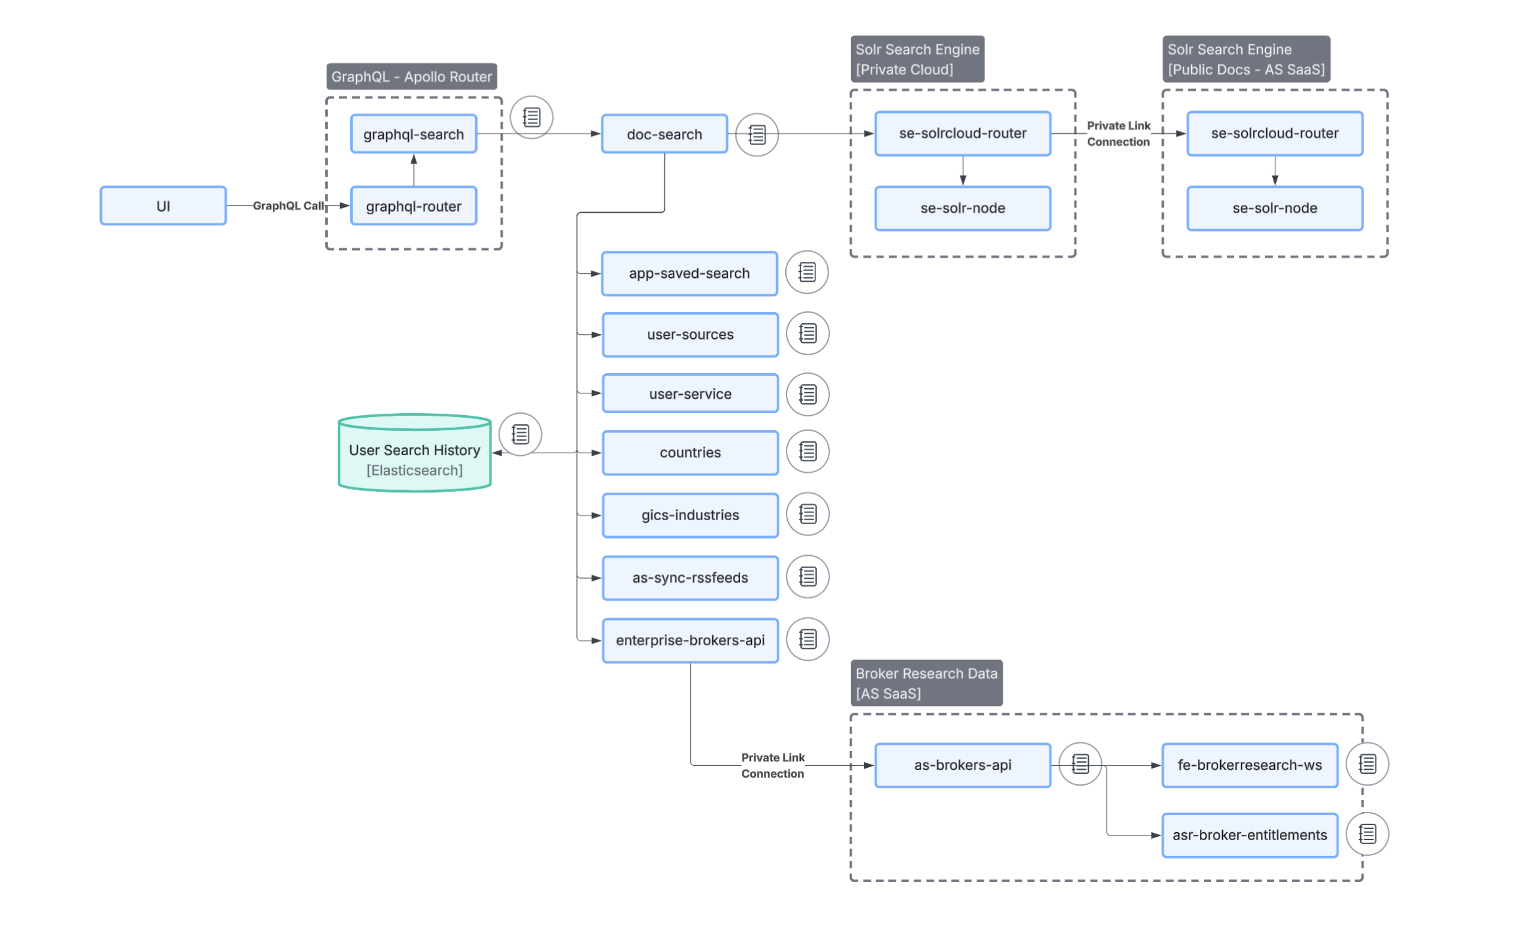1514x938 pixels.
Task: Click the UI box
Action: (x=163, y=206)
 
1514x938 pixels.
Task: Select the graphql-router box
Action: (x=413, y=206)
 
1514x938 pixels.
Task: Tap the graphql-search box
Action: (x=413, y=134)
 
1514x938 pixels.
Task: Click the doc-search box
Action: (x=664, y=134)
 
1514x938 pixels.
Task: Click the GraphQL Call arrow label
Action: (x=288, y=206)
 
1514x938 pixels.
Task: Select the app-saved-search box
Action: (x=689, y=273)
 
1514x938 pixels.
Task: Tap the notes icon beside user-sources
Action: (x=808, y=334)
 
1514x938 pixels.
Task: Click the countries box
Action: (x=690, y=453)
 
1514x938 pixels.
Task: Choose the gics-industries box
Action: (x=690, y=515)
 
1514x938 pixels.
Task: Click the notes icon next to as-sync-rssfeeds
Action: (x=808, y=577)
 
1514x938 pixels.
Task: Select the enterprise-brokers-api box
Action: (x=690, y=640)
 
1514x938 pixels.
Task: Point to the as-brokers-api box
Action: (x=962, y=765)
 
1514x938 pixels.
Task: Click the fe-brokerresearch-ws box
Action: (x=1249, y=765)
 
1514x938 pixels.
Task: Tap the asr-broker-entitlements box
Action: (x=1249, y=835)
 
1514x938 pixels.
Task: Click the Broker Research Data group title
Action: (x=926, y=683)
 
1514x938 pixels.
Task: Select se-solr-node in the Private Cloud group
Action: (x=962, y=208)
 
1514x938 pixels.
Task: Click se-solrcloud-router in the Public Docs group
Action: (x=1274, y=133)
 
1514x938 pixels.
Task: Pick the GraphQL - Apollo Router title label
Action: (x=411, y=77)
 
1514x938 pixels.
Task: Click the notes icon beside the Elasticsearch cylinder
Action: (x=520, y=434)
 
